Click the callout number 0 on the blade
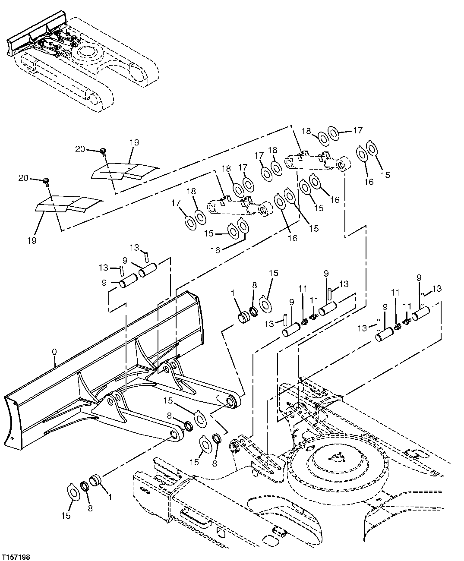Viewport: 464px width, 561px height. coord(54,352)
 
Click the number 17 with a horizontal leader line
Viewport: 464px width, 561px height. coord(358,130)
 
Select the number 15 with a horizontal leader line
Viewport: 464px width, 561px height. coord(209,233)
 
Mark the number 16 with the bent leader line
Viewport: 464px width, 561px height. coord(215,249)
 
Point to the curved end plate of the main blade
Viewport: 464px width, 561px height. coord(12,419)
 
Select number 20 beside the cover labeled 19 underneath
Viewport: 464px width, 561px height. coord(24,178)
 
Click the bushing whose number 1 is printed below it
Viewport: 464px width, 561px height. coord(95,480)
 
